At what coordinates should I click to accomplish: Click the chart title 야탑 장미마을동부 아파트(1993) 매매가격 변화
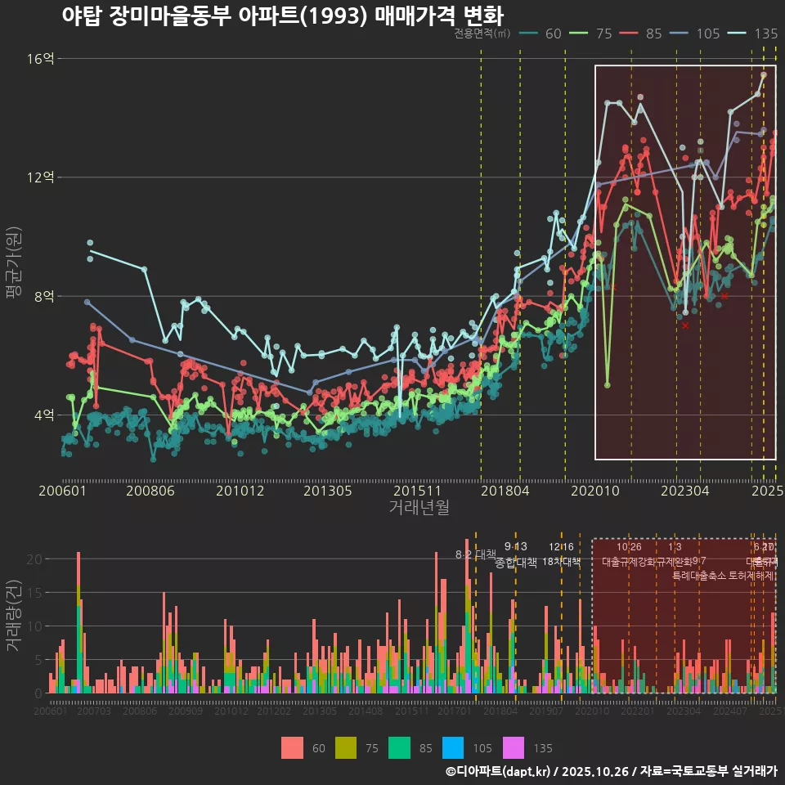coord(282,16)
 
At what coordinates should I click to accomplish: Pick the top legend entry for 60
coord(541,34)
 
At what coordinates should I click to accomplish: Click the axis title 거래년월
coord(419,508)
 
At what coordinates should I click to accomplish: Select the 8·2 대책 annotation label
coord(475,554)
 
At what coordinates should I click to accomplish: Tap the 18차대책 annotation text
coord(561,562)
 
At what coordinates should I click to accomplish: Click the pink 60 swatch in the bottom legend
coord(292,747)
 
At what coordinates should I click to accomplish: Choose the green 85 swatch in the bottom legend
coord(399,747)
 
